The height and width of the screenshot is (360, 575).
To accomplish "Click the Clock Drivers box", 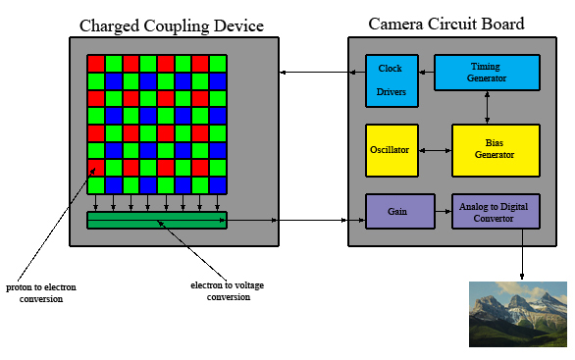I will click(391, 79).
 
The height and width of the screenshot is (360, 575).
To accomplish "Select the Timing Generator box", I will click(487, 72).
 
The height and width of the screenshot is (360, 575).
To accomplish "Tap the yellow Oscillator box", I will click(392, 150).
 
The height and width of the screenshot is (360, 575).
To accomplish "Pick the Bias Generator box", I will click(495, 150).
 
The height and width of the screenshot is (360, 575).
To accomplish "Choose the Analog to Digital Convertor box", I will click(495, 211).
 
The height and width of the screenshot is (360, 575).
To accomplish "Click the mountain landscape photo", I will click(517, 314).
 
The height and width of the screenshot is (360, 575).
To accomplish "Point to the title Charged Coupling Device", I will click(171, 25).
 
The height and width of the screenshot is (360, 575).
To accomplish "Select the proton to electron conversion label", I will click(41, 292).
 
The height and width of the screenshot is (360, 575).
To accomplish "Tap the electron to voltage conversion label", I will click(228, 291).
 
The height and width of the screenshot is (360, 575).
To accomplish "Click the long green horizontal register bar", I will click(156, 221).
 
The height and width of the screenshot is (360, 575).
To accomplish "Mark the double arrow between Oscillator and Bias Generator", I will click(435, 150).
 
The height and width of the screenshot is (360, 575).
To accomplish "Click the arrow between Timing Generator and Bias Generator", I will click(488, 107).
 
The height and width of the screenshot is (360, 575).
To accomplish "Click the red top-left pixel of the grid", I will click(95, 63).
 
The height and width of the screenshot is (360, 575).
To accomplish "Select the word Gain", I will click(397, 211).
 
